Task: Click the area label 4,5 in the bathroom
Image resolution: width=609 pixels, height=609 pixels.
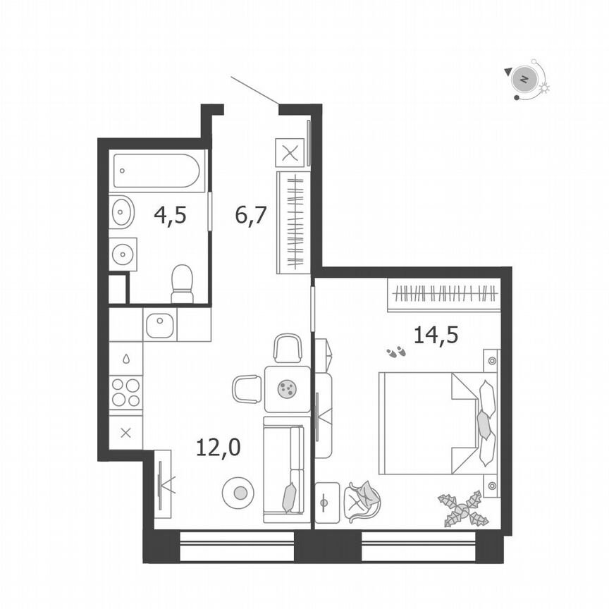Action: [170, 214]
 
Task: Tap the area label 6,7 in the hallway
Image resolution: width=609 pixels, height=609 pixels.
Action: [251, 214]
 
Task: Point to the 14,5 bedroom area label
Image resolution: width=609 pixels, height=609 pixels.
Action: [436, 334]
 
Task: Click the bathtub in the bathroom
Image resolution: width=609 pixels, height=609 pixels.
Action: [158, 171]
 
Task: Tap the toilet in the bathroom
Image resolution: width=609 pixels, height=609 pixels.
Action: [182, 283]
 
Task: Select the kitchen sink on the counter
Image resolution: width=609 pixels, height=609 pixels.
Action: [160, 324]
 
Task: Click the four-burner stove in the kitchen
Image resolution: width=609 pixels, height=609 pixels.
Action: [125, 393]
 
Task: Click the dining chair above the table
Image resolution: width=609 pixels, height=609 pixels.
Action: [288, 348]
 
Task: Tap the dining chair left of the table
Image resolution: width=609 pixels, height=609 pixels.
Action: [247, 388]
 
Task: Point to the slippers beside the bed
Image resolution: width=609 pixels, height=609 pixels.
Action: [396, 350]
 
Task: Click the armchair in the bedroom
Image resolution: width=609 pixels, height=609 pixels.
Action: [363, 501]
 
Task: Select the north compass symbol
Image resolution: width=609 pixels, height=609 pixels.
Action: [524, 79]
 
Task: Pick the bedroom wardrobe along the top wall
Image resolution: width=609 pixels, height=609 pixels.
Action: [443, 294]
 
